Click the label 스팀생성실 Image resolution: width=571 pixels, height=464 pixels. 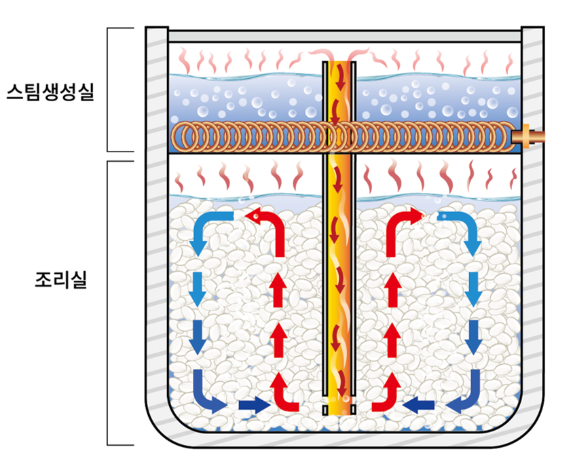49,91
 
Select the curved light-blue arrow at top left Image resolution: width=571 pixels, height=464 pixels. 209,231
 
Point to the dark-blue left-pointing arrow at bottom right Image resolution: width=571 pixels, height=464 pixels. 419,406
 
